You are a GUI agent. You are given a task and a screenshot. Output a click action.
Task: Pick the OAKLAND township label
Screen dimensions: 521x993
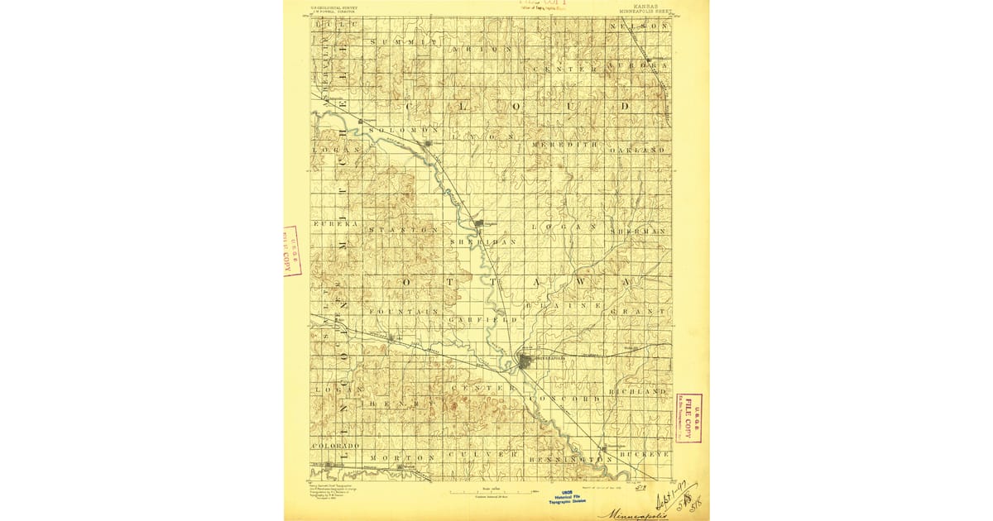[638, 151]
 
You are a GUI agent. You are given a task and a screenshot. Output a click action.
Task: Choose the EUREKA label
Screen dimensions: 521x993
[335, 224]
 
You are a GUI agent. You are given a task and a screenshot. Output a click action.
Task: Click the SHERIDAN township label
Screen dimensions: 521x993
[483, 241]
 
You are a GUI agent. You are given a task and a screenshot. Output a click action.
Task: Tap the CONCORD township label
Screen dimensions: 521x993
[569, 399]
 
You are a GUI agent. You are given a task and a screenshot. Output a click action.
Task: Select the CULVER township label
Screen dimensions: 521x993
[483, 455]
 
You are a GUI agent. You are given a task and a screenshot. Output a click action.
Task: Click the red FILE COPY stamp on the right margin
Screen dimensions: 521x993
[688, 418]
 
